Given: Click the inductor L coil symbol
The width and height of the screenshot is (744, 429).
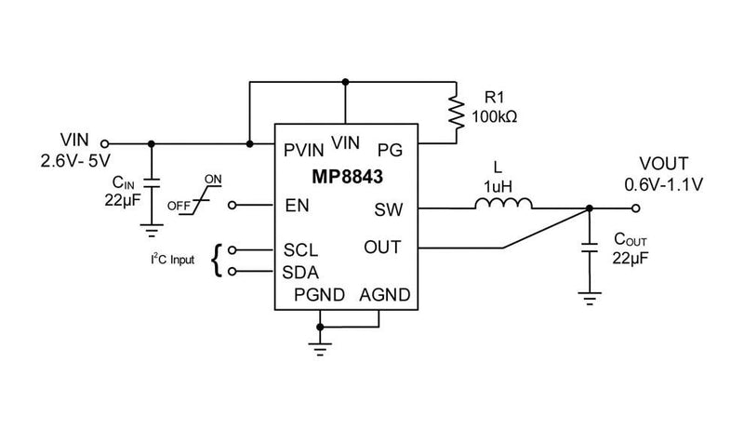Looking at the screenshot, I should (503, 205).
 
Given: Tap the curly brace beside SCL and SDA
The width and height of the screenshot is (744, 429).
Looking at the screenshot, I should (219, 261).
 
